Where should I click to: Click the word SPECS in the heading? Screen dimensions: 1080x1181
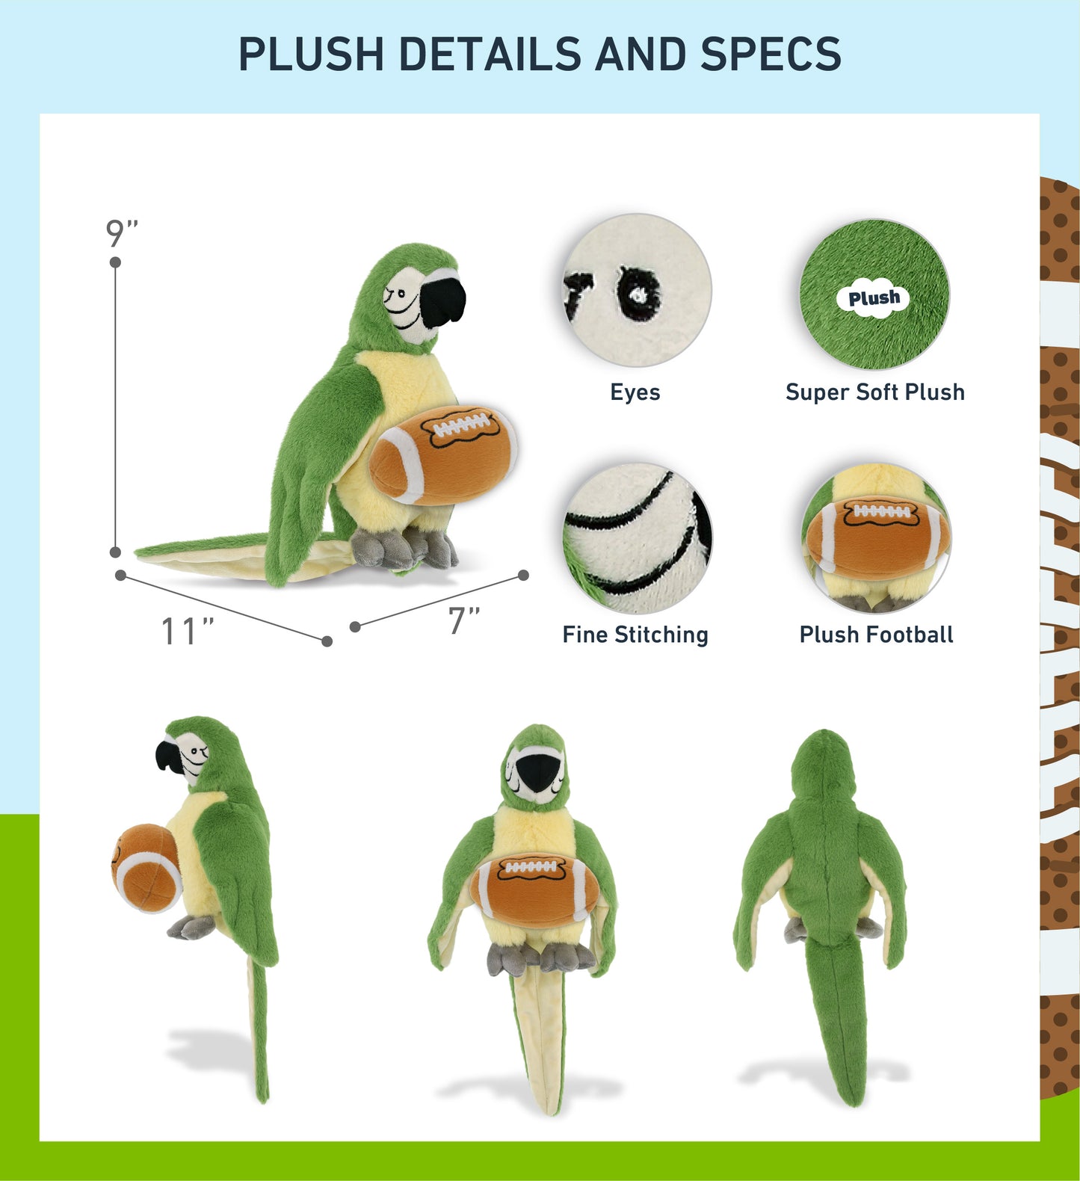(771, 54)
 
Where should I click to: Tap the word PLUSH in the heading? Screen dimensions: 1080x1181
(310, 54)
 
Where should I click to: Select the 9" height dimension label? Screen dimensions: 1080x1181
(123, 233)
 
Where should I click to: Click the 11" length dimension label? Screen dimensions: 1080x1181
(188, 632)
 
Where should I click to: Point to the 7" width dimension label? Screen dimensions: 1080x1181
(464, 620)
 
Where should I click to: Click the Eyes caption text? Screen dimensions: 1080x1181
(635, 392)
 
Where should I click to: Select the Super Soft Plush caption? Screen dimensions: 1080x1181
(875, 392)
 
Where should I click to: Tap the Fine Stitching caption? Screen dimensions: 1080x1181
(635, 635)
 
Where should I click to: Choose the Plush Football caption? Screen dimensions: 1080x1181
(876, 635)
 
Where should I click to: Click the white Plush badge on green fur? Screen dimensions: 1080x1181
(874, 298)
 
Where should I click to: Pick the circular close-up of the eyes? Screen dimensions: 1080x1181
(637, 291)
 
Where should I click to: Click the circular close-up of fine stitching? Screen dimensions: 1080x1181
(637, 539)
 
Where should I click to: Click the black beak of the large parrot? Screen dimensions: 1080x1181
(442, 302)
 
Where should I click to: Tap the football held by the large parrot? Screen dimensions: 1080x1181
(443, 454)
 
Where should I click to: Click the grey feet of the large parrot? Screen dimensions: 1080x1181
(404, 549)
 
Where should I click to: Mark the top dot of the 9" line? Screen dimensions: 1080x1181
(115, 262)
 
